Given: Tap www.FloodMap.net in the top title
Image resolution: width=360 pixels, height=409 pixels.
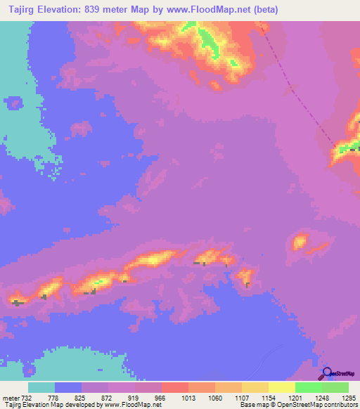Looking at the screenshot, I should (209, 9).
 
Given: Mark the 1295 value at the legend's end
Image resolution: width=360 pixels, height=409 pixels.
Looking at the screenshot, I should (349, 397).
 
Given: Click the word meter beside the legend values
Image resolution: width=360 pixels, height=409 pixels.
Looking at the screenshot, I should (10, 397).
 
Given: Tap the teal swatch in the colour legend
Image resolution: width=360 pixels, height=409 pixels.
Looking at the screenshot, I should (41, 387).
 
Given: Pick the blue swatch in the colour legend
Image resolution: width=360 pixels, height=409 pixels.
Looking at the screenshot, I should (67, 387).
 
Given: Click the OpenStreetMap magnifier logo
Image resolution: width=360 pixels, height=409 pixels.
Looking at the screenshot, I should (326, 374).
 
